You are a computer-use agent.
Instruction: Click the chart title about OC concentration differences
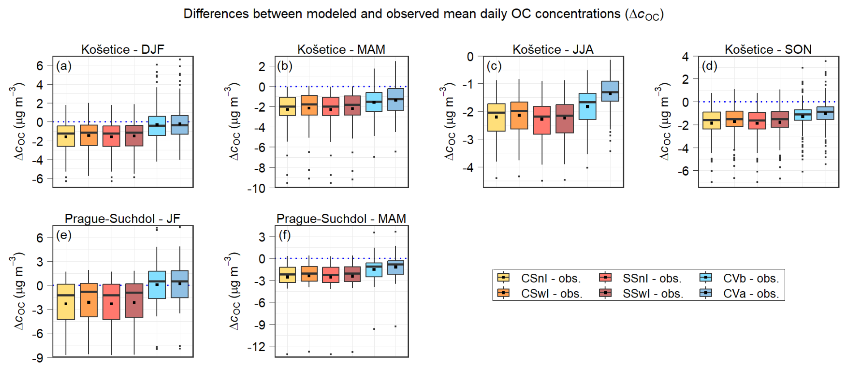coord(424,14)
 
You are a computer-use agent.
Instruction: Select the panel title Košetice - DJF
coord(122,49)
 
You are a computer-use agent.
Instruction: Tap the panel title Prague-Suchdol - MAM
coord(341,219)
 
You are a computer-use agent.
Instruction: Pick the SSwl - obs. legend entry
coord(641,293)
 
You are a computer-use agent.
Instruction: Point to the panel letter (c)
coord(494,66)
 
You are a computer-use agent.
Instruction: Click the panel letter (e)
coord(64,235)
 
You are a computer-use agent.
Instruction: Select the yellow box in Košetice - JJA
coord(496,117)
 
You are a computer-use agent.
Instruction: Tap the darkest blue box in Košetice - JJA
coord(610,91)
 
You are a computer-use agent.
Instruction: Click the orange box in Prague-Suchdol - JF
coord(89,300)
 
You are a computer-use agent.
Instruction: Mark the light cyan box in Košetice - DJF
coord(157,126)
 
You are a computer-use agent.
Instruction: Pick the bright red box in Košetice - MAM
coord(331,106)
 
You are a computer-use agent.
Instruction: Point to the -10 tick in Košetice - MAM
coord(256,189)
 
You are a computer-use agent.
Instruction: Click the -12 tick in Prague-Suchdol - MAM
coord(256,346)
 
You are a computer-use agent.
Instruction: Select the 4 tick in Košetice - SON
coord(685,56)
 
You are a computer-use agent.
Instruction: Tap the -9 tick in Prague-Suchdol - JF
coord(38,358)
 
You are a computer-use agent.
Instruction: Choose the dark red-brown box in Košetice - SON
coord(780,119)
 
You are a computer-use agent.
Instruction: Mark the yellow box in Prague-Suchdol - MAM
coord(287,275)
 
